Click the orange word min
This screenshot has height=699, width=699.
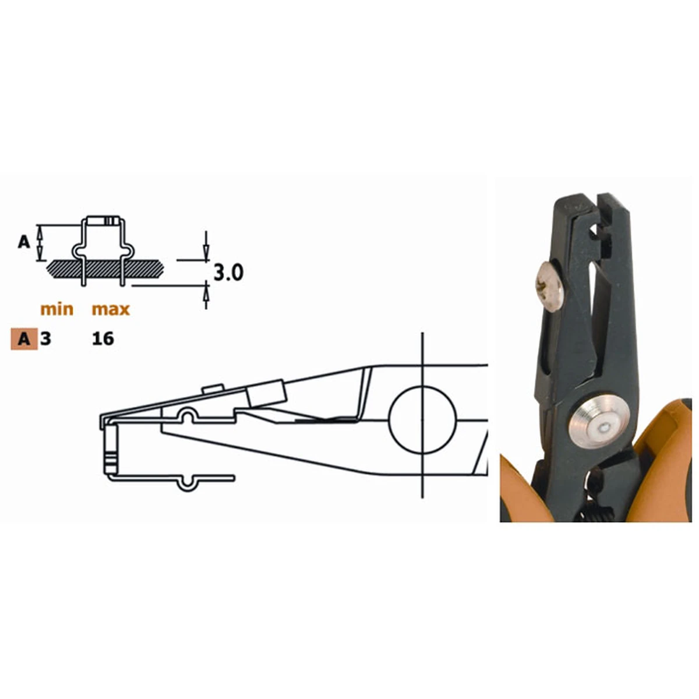point(57,309)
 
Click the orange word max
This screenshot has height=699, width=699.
point(111,309)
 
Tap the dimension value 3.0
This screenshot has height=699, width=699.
point(228,273)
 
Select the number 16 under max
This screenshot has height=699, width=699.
point(103,339)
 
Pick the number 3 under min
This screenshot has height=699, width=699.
point(45,339)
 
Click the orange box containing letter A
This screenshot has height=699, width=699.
point(24,339)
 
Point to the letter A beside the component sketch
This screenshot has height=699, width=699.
point(24,242)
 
